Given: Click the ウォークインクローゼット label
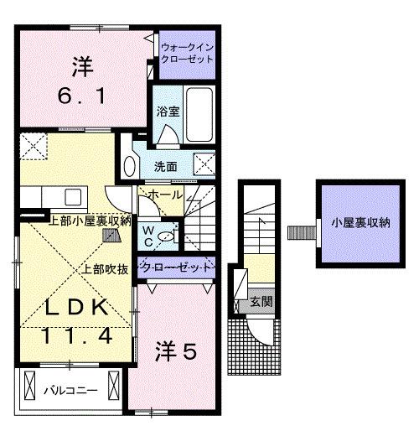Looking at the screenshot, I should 187,55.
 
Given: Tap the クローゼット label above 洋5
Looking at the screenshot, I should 176,267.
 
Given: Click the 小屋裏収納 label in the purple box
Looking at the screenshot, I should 360,223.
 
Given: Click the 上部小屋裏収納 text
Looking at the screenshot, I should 90,221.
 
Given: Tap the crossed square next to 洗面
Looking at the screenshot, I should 204,164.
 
